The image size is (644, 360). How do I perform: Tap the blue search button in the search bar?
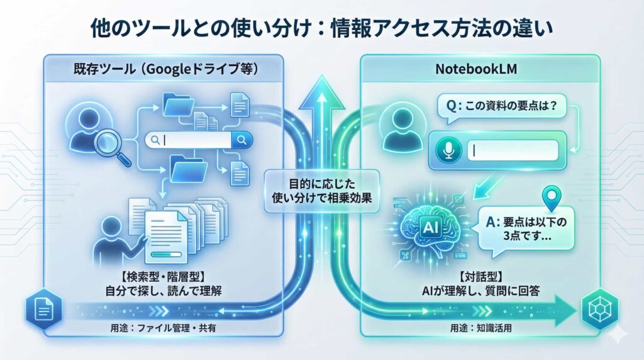coord(242,140)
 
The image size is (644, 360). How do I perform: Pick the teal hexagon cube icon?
coord(597,309)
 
